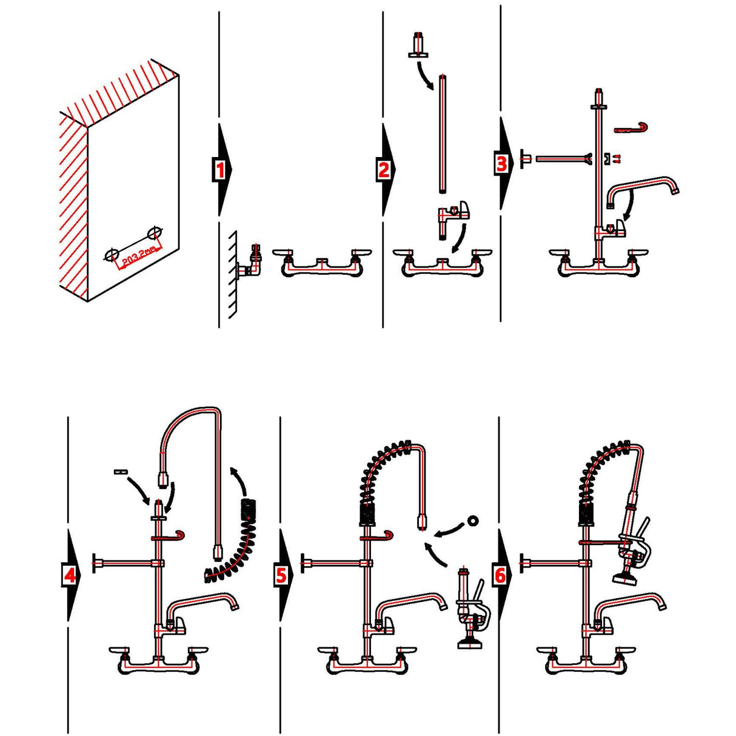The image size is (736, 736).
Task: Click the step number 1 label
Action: [x=220, y=170]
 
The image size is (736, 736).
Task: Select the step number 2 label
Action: [x=384, y=169]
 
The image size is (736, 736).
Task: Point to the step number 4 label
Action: [x=71, y=574]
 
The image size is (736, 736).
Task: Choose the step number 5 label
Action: [x=281, y=574]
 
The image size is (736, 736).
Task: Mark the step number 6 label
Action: [x=500, y=575]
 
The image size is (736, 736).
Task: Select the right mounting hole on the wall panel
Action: [x=155, y=233]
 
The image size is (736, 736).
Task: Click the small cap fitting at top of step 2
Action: [x=418, y=46]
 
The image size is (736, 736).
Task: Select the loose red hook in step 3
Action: [x=632, y=128]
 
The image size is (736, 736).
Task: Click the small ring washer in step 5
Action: [x=472, y=521]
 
